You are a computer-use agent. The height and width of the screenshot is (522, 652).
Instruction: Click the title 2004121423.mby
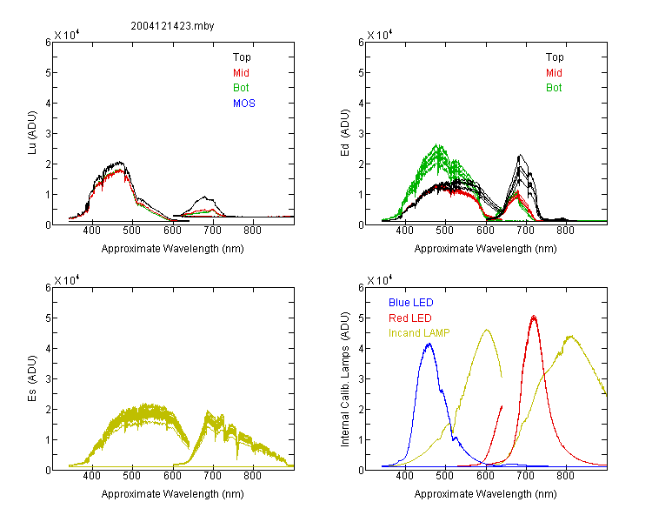(x=172, y=26)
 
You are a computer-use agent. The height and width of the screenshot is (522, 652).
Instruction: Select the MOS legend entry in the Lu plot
(x=244, y=104)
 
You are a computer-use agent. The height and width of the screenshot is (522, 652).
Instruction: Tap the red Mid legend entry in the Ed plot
(x=554, y=73)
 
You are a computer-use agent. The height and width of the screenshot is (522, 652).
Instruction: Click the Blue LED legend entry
(x=411, y=303)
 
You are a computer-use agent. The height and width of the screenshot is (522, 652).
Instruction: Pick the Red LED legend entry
(x=410, y=318)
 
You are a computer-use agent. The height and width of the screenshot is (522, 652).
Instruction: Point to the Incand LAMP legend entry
(x=419, y=333)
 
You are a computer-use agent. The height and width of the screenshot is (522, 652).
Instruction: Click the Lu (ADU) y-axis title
(x=32, y=133)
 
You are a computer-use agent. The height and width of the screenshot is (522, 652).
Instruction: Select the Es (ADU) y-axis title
(x=32, y=378)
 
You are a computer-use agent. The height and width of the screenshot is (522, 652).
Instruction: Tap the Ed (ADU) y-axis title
(x=345, y=133)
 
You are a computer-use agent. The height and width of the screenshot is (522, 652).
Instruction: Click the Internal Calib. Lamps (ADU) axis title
(x=345, y=379)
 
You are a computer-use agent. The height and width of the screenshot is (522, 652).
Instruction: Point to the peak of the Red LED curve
(x=534, y=317)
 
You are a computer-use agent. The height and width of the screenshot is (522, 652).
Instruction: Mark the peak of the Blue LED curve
(x=429, y=344)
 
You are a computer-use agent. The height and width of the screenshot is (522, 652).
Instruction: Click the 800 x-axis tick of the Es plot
(x=252, y=476)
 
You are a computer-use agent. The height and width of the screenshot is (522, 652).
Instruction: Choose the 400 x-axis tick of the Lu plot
(x=91, y=231)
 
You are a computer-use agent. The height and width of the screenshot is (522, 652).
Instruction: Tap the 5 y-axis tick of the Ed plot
(x=361, y=73)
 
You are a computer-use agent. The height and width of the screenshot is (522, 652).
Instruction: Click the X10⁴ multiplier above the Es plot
(x=67, y=280)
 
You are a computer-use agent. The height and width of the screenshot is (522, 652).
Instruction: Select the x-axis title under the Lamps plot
(x=485, y=494)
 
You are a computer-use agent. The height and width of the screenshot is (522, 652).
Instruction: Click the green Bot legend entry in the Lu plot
(x=241, y=88)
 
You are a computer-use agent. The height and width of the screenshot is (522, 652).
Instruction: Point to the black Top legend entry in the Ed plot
(x=555, y=57)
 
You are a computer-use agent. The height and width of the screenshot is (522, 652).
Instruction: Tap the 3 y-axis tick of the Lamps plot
(x=361, y=378)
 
